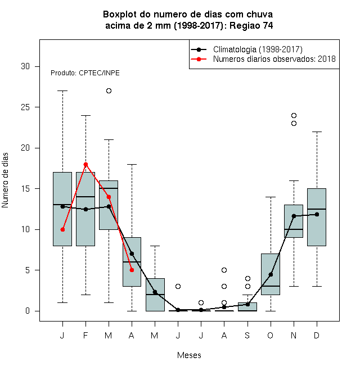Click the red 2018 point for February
tap(85, 165)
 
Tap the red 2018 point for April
tap(132, 270)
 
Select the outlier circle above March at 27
tap(109, 91)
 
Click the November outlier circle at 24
tap(294, 115)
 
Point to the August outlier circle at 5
tap(224, 270)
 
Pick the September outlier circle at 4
tap(247, 278)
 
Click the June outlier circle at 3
tap(178, 286)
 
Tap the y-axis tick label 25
tap(25, 107)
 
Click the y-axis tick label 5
tap(28, 270)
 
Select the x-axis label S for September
tap(247, 335)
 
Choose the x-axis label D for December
tap(317, 335)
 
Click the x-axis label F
tap(85, 335)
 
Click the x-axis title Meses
tap(189, 355)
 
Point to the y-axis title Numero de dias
tap(5, 180)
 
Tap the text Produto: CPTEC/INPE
tap(85, 73)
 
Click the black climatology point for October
tap(271, 274)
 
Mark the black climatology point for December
tap(317, 214)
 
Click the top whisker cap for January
tap(62, 91)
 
